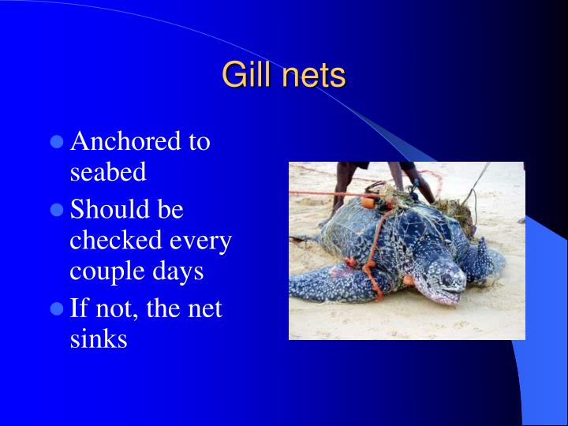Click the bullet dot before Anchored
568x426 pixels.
(56, 143)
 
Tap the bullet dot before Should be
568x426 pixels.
(56, 211)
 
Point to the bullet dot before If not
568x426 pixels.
(56, 309)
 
